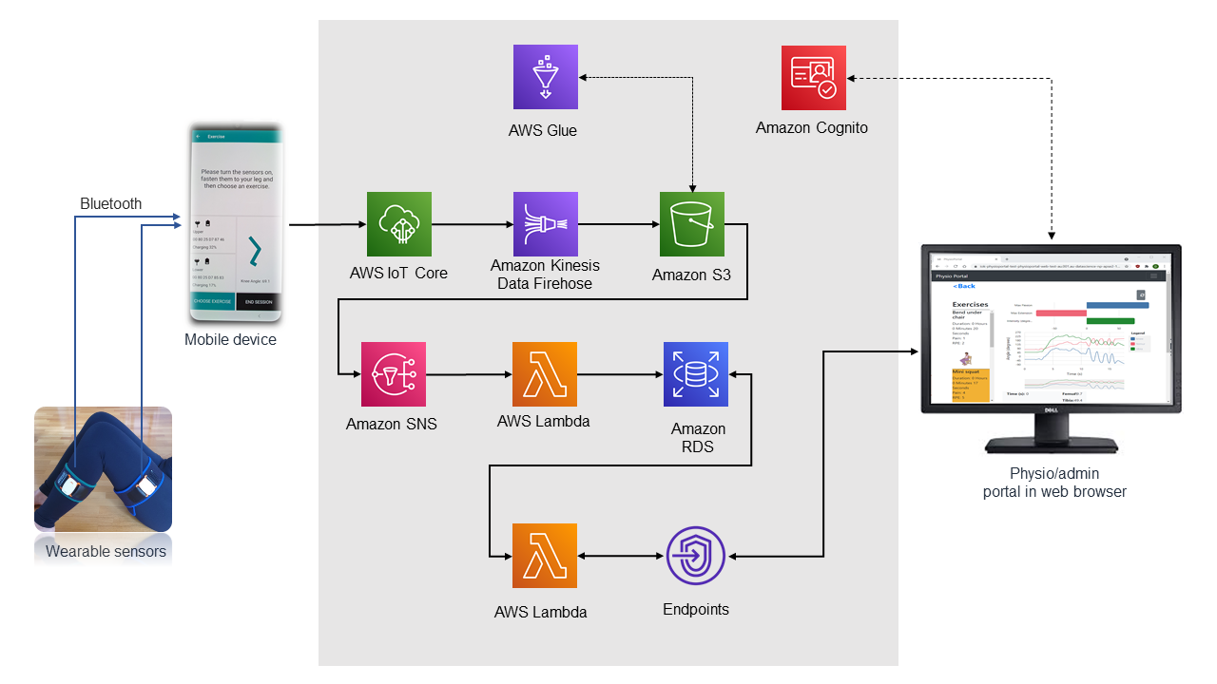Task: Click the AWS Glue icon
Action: point(545,77)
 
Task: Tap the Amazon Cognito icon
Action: point(813,77)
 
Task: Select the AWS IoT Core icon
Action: point(399,224)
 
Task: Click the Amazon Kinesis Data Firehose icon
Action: point(545,224)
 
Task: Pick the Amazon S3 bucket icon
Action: point(692,224)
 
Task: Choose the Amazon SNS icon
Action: point(394,374)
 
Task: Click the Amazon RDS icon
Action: point(695,374)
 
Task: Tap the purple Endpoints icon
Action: point(695,556)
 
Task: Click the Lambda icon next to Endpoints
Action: point(544,556)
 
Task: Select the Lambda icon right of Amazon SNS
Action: point(544,374)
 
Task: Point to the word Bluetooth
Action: point(111,203)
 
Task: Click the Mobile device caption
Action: point(230,339)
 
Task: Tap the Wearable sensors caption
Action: point(106,551)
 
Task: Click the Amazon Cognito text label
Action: point(812,127)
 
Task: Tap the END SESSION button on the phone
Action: point(258,302)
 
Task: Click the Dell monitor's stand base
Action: point(1052,447)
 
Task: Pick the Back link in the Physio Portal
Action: point(965,286)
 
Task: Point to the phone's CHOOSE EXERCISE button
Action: point(214,302)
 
